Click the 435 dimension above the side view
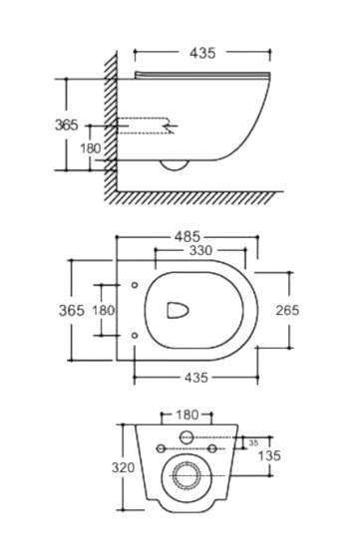(202, 53)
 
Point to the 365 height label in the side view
(67, 125)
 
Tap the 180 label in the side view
(91, 148)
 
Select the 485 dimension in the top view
(187, 237)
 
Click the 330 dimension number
(200, 250)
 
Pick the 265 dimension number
(287, 310)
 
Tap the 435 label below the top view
(195, 377)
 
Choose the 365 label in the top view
(72, 310)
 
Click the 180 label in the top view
(103, 310)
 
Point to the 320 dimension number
(123, 467)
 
